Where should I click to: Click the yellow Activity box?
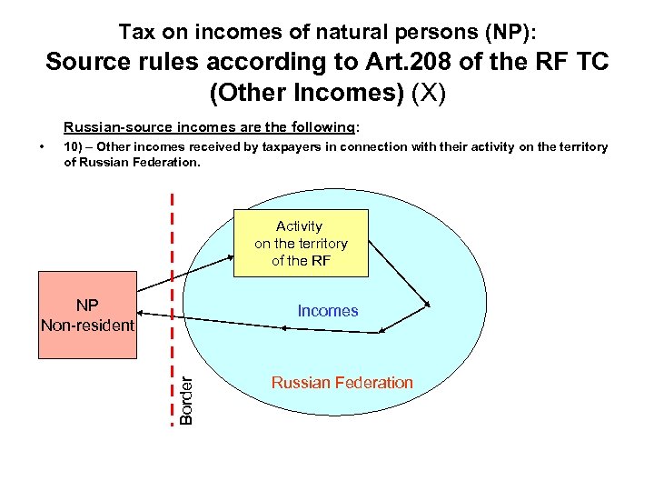coord(301,243)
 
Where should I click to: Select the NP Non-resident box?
coord(87,315)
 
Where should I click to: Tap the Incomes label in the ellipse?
coord(328,311)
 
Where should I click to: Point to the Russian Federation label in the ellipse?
coord(342,383)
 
